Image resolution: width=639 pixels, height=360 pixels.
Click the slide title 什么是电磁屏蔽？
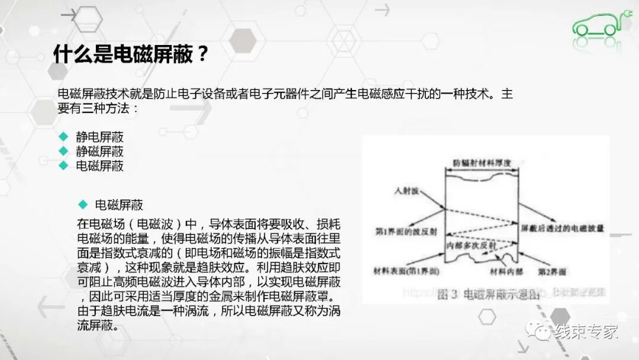point(131,54)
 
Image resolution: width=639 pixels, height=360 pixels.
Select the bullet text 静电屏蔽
point(100,137)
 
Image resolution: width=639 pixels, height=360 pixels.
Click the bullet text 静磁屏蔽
point(100,151)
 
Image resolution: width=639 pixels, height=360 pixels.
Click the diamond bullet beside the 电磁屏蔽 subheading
point(83,205)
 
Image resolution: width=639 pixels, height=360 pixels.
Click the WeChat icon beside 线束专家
point(538,332)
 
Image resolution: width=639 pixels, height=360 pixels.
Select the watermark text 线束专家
point(586,332)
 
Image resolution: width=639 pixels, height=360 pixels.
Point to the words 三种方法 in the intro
point(103,109)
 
